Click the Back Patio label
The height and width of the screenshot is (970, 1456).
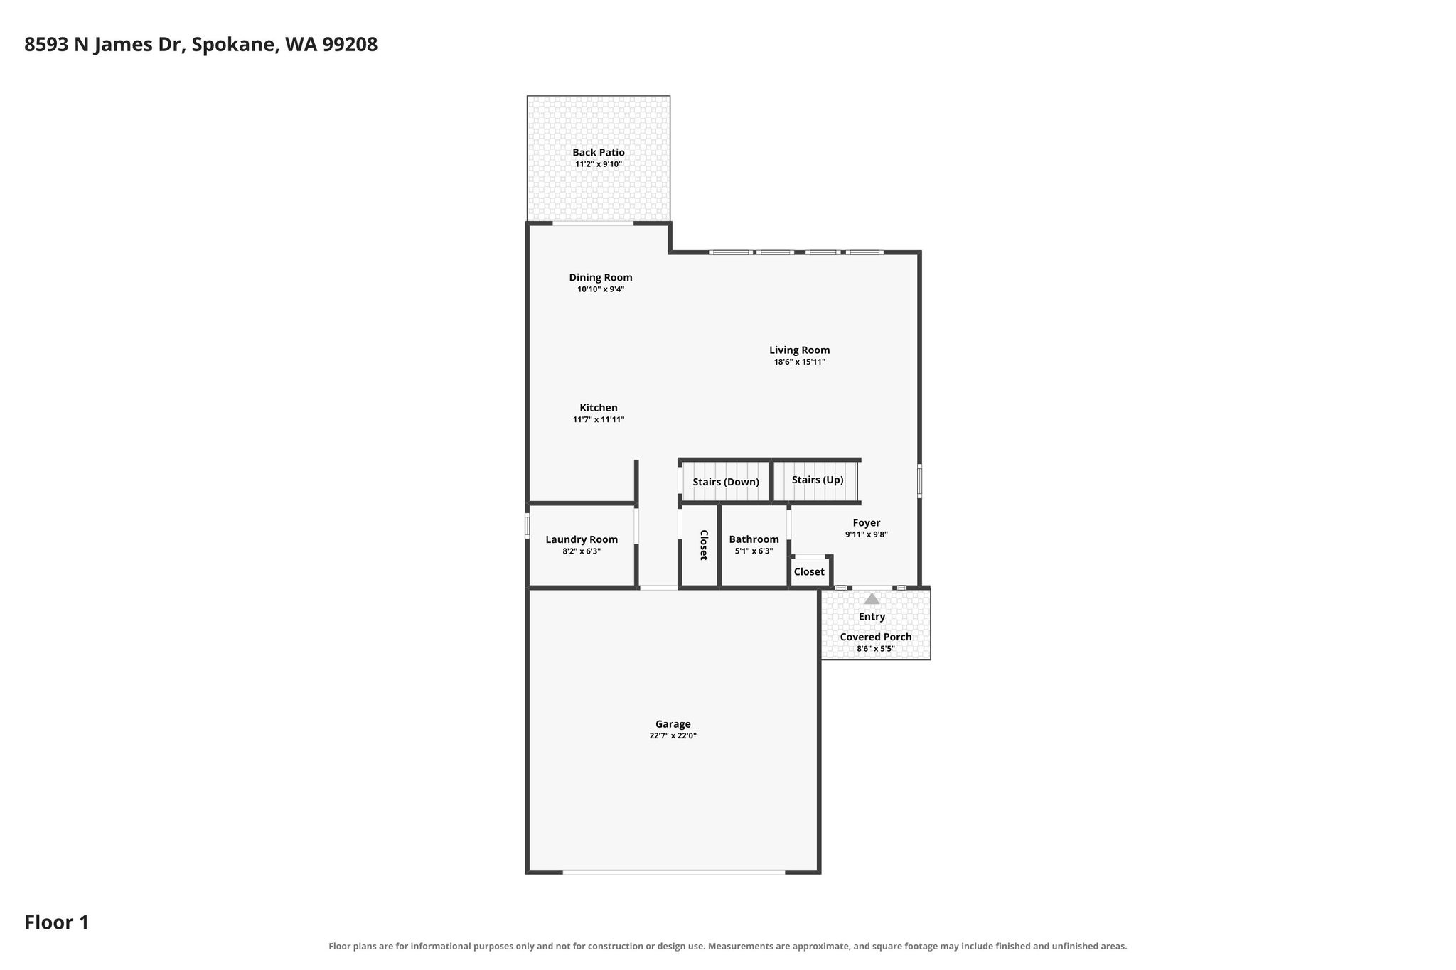tap(599, 152)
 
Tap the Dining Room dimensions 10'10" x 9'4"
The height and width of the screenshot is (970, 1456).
tap(601, 289)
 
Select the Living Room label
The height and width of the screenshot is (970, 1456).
tap(800, 350)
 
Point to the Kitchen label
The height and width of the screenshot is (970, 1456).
tap(599, 408)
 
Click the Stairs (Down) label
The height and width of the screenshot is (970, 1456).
tap(726, 482)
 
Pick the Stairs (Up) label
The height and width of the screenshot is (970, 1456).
tap(818, 480)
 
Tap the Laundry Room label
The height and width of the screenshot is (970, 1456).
tap(582, 539)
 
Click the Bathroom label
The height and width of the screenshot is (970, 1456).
tap(754, 539)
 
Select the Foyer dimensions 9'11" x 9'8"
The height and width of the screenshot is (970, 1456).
tap(867, 534)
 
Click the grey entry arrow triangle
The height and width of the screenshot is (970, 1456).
tap(872, 598)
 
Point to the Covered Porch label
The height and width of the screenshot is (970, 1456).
tap(876, 637)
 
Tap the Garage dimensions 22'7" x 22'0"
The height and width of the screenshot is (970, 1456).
tap(673, 735)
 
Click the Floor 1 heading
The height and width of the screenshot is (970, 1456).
tap(57, 922)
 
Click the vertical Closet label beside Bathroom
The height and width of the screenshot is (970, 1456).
tap(704, 545)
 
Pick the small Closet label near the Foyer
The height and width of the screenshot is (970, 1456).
tap(809, 572)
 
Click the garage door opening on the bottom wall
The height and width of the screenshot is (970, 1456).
tap(674, 871)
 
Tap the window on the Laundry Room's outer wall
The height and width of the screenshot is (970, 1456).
tap(528, 525)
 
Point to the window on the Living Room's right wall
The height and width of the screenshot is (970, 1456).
tap(919, 481)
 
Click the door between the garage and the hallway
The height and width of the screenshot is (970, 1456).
tap(658, 588)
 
